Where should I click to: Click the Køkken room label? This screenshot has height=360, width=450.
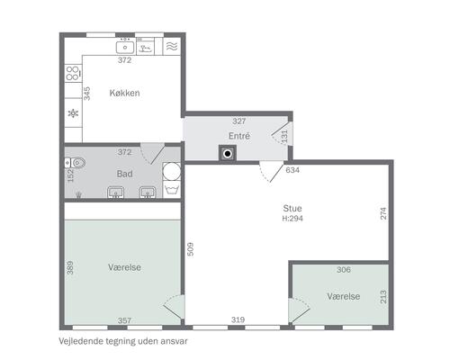pos(124,93)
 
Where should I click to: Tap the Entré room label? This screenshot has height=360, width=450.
pos(239,136)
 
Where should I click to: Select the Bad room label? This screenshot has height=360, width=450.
pos(124,174)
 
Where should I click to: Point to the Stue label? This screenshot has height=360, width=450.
pos(292,208)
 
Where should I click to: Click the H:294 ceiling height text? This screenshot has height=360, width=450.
pos(292,218)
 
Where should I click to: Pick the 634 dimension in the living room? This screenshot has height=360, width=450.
pos(292,170)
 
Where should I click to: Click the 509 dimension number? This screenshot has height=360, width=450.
pos(190,249)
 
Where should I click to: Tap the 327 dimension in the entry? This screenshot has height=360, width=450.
pos(239,121)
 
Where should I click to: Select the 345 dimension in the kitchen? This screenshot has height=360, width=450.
pos(86,94)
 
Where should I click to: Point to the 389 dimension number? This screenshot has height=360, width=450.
pos(70,267)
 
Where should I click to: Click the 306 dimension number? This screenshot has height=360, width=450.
pos(344,270)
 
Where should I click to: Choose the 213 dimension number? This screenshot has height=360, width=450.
pos(383,297)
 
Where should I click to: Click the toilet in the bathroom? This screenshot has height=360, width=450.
pos(75,163)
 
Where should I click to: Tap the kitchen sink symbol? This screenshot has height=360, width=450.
pos(125,48)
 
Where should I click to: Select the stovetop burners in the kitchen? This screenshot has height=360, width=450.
pos(73,73)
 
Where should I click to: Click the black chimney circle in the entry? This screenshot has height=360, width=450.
pos(228,154)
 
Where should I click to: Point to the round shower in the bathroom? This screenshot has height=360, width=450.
pos(172,172)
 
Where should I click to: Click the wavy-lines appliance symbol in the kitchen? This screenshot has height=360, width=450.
pos(172,46)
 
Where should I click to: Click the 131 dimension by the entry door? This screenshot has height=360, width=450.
pos(284,136)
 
